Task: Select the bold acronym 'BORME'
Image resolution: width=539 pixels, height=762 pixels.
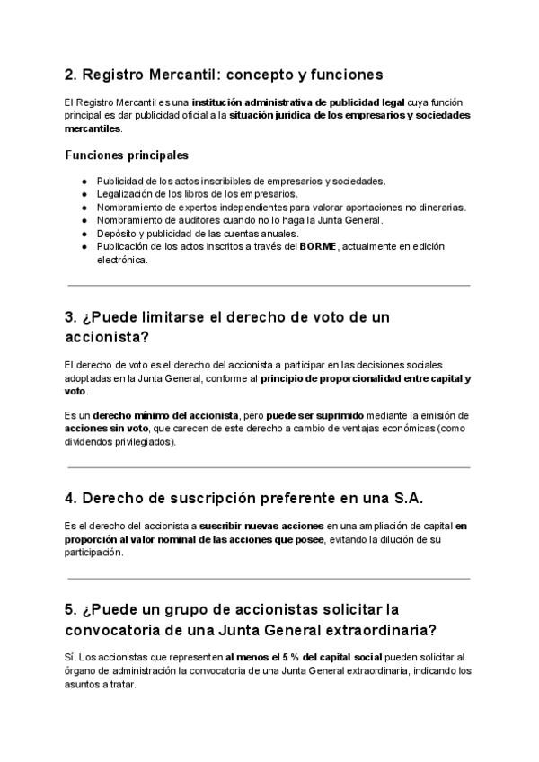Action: click(x=317, y=247)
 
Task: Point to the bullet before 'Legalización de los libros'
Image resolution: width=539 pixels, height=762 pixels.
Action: click(x=84, y=194)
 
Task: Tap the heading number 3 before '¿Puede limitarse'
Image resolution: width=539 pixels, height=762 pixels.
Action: click(x=71, y=317)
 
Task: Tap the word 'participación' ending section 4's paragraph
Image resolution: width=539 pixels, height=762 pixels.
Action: click(x=93, y=553)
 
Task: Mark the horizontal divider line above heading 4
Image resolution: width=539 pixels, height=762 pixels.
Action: click(x=269, y=467)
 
